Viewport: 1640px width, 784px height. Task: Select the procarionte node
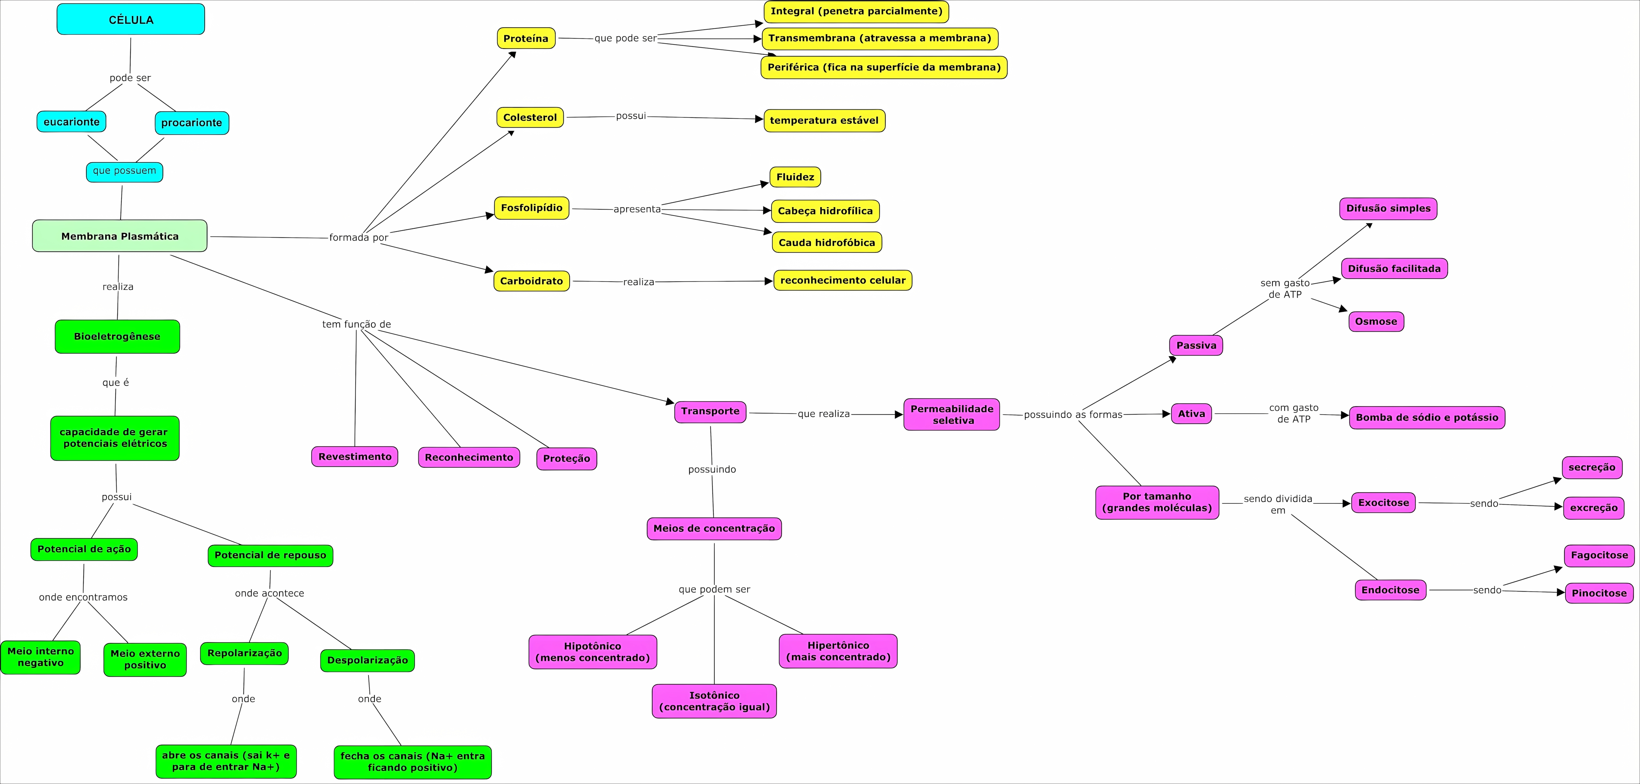[192, 123]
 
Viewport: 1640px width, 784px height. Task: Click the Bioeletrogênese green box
[117, 336]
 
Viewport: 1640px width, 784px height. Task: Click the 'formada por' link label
[358, 238]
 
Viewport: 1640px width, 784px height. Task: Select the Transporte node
[710, 411]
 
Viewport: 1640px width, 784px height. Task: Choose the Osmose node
[1376, 322]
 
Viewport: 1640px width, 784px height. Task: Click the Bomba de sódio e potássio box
[1427, 418]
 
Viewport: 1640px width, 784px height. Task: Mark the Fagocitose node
[1599, 555]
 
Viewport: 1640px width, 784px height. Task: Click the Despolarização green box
[367, 661]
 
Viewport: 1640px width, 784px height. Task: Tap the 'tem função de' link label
[356, 324]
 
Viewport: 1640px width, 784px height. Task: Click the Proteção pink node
[566, 459]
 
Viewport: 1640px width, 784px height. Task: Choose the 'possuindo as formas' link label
[1073, 415]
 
